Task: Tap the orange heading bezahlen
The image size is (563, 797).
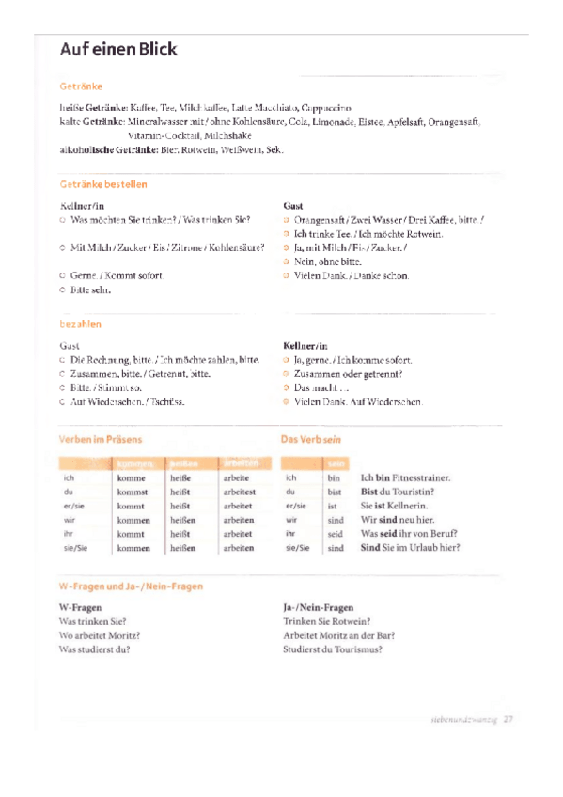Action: (x=80, y=324)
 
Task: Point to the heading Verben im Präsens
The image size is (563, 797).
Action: (x=101, y=439)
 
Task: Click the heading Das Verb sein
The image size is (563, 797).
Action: (x=310, y=439)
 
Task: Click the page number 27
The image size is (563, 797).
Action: (x=508, y=720)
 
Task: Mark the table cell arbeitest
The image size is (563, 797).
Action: (x=240, y=492)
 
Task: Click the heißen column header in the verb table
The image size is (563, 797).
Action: (x=183, y=463)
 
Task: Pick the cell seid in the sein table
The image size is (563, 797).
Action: (x=336, y=533)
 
